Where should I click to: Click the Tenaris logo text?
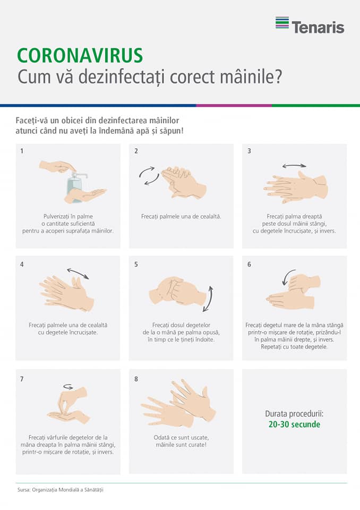tap(318, 27)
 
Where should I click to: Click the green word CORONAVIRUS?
tap(80, 56)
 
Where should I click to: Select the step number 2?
tap(136, 151)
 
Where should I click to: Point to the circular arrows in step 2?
tap(149, 176)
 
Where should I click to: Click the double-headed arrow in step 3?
tap(294, 166)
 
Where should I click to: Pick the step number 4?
tap(22, 265)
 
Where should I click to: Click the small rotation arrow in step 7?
tap(68, 386)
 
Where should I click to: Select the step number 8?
tap(136, 379)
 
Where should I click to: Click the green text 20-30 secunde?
tap(294, 424)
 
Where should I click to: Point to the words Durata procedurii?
tap(294, 414)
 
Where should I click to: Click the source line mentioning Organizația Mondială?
tap(61, 490)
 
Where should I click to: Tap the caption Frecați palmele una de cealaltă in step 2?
tap(181, 217)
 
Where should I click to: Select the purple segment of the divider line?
tap(234, 105)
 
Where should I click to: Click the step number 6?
tap(249, 265)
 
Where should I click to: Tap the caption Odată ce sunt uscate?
tap(181, 438)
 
